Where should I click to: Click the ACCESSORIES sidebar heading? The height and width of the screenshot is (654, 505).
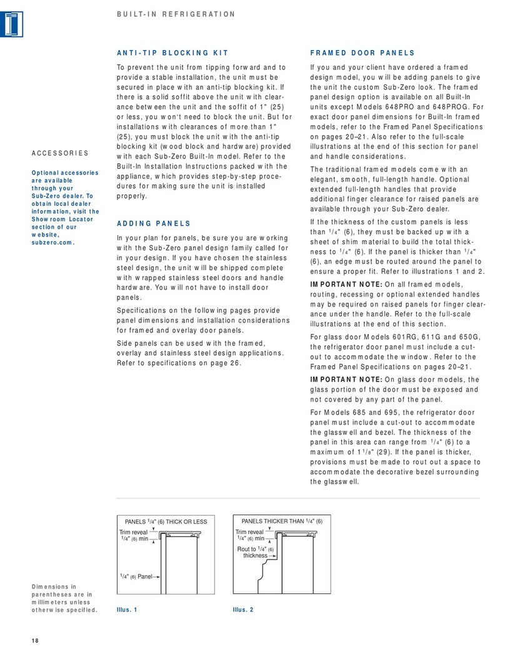[x=59, y=153]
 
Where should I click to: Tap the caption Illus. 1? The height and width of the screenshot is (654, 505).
[x=127, y=609]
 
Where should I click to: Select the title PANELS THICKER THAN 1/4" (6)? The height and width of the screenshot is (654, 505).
[x=281, y=521]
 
